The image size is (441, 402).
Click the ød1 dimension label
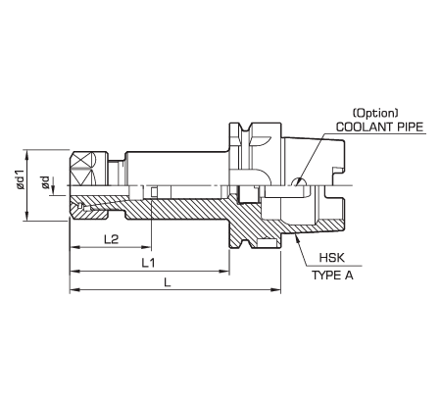click(x=21, y=179)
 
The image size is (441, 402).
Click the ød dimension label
click(x=45, y=182)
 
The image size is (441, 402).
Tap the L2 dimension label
click(x=111, y=239)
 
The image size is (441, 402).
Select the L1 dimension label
click(x=148, y=263)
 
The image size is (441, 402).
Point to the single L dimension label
click(x=168, y=282)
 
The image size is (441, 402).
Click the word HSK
click(x=332, y=258)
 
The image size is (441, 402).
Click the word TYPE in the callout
click(x=324, y=276)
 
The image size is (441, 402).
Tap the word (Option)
click(x=375, y=113)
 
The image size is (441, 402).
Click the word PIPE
click(x=410, y=126)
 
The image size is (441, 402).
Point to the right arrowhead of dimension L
click(x=276, y=289)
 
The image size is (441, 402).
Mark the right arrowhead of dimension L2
click(x=147, y=247)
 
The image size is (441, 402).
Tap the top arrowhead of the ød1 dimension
click(x=26, y=155)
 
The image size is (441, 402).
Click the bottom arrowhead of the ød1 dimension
click(x=26, y=217)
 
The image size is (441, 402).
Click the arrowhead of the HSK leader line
click(x=297, y=237)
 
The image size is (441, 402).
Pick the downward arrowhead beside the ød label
click(x=54, y=191)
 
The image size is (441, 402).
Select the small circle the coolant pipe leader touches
click(x=299, y=181)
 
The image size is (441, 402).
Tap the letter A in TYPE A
click(x=349, y=276)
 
